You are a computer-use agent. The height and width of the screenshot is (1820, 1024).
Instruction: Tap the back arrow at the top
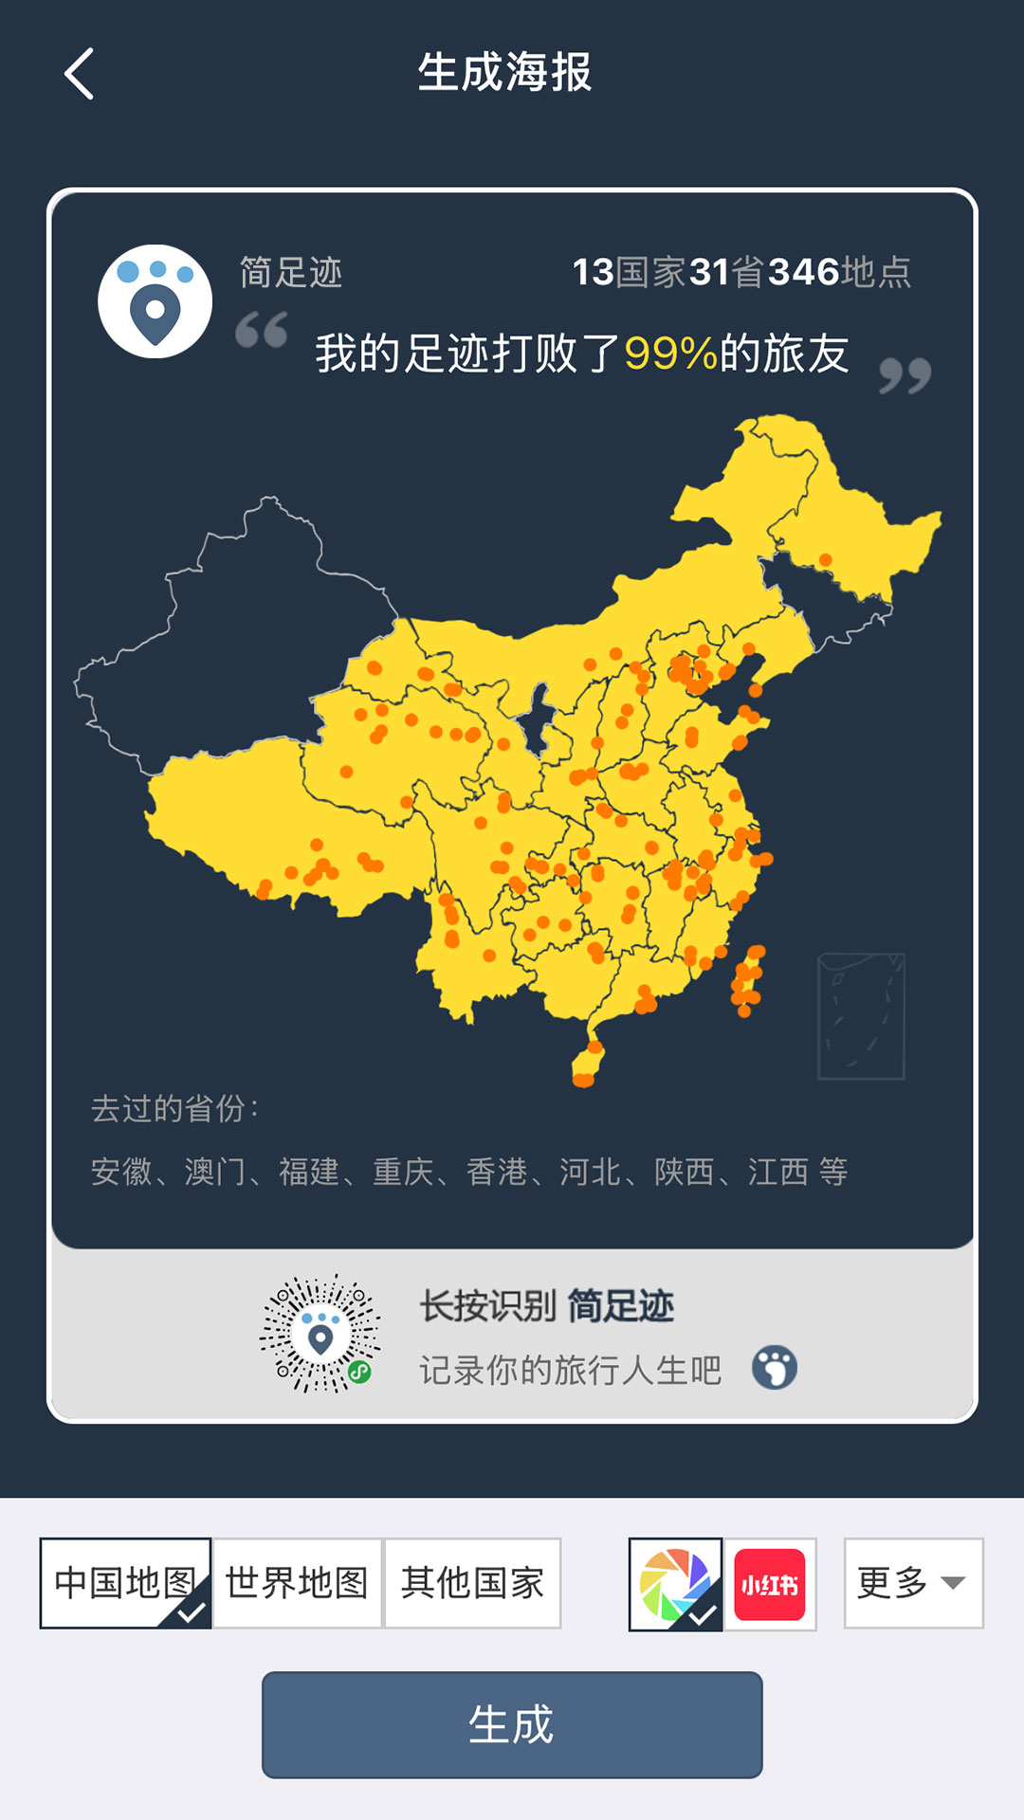click(x=80, y=74)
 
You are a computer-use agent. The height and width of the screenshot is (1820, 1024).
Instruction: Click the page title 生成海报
click(x=505, y=73)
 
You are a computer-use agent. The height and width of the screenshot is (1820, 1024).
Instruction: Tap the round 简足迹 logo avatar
click(x=155, y=301)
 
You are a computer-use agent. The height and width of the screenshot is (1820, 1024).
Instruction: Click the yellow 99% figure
click(x=670, y=354)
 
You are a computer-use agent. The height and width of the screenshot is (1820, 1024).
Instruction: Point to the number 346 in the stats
click(x=803, y=273)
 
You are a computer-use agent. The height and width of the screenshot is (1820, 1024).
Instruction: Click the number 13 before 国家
click(x=593, y=273)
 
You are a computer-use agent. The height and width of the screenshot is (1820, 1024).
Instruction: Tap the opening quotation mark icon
click(x=262, y=330)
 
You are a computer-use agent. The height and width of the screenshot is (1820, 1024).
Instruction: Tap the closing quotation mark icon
click(x=905, y=375)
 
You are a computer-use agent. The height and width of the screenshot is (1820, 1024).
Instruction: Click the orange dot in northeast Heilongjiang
click(x=825, y=560)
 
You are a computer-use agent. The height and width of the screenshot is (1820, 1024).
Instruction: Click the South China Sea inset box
click(x=861, y=1016)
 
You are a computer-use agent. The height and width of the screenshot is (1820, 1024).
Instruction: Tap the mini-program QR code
click(x=320, y=1334)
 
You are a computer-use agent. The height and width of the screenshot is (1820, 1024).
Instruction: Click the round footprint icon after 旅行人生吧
click(x=775, y=1368)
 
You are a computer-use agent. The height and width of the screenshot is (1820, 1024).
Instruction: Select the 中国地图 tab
click(x=125, y=1583)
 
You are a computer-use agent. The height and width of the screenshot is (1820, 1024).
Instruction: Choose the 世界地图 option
click(x=297, y=1583)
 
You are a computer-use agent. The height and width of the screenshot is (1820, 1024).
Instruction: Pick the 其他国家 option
click(x=472, y=1583)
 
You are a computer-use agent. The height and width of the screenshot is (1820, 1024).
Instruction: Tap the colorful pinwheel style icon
click(x=675, y=1584)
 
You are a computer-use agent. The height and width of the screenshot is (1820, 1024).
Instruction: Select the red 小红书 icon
click(x=770, y=1584)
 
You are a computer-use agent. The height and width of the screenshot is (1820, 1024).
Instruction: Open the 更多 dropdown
click(x=913, y=1583)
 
